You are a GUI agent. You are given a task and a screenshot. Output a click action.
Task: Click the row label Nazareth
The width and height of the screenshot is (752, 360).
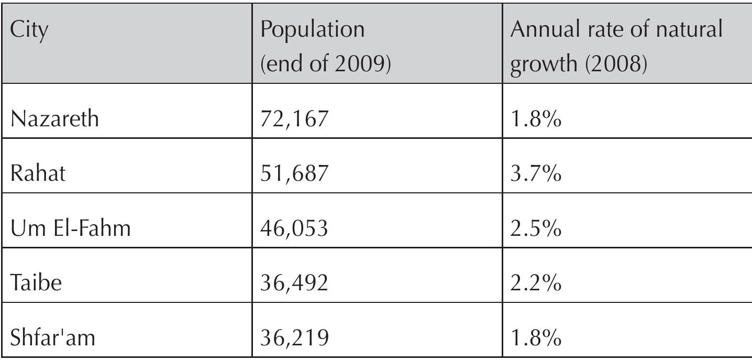(x=54, y=120)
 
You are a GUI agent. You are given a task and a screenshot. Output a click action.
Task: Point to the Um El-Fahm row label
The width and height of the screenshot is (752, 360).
(x=70, y=229)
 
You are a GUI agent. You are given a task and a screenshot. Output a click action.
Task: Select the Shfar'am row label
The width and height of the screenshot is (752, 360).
(x=52, y=338)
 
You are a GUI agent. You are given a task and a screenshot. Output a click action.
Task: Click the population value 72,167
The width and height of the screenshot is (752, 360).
(x=294, y=120)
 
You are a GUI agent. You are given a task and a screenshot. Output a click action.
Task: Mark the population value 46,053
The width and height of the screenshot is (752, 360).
(x=294, y=229)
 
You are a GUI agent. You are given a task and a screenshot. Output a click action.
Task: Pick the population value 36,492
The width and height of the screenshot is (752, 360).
(x=294, y=283)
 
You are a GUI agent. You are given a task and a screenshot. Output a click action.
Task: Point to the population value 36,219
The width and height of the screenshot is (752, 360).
(x=294, y=338)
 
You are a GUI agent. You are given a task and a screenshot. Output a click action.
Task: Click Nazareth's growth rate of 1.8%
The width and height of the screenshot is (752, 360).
(x=536, y=120)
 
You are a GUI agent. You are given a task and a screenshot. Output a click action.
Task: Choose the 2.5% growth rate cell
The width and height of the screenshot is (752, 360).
(x=536, y=229)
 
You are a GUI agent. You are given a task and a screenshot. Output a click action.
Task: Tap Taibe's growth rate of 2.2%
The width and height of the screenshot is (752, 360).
(x=536, y=283)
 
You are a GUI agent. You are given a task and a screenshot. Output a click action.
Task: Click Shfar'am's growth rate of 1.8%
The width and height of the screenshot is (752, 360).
(x=536, y=338)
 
